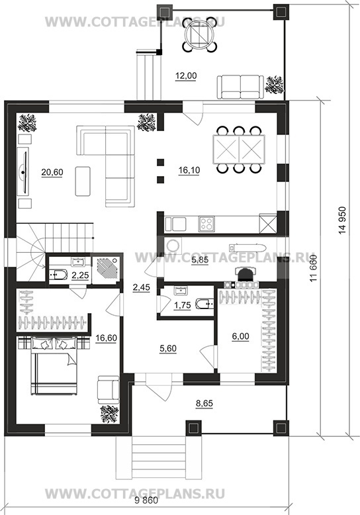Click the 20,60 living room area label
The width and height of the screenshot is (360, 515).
52,172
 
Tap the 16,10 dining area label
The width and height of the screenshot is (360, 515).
189,171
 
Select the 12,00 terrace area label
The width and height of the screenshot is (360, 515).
186,76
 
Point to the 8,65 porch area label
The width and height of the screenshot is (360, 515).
204,403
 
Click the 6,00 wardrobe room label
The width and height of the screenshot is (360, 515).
240,336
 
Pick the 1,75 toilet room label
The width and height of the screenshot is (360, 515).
182,305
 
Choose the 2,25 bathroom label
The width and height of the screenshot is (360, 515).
80,275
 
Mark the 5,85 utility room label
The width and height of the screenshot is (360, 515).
200,261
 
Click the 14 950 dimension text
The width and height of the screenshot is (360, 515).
343,220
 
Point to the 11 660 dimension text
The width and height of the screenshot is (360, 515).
314,268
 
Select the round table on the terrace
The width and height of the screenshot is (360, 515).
199,35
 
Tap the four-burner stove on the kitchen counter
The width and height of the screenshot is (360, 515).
206,224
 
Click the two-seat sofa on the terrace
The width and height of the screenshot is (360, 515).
240,87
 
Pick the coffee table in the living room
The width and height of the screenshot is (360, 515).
83,181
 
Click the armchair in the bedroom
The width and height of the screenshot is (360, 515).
109,389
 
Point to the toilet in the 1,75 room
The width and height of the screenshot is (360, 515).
204,304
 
